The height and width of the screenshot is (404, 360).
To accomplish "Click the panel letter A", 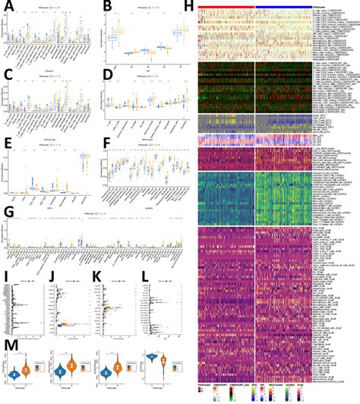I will click(6, 7).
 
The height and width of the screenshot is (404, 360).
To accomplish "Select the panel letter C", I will click(6, 74).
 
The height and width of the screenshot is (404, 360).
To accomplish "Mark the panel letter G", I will click(6, 210).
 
